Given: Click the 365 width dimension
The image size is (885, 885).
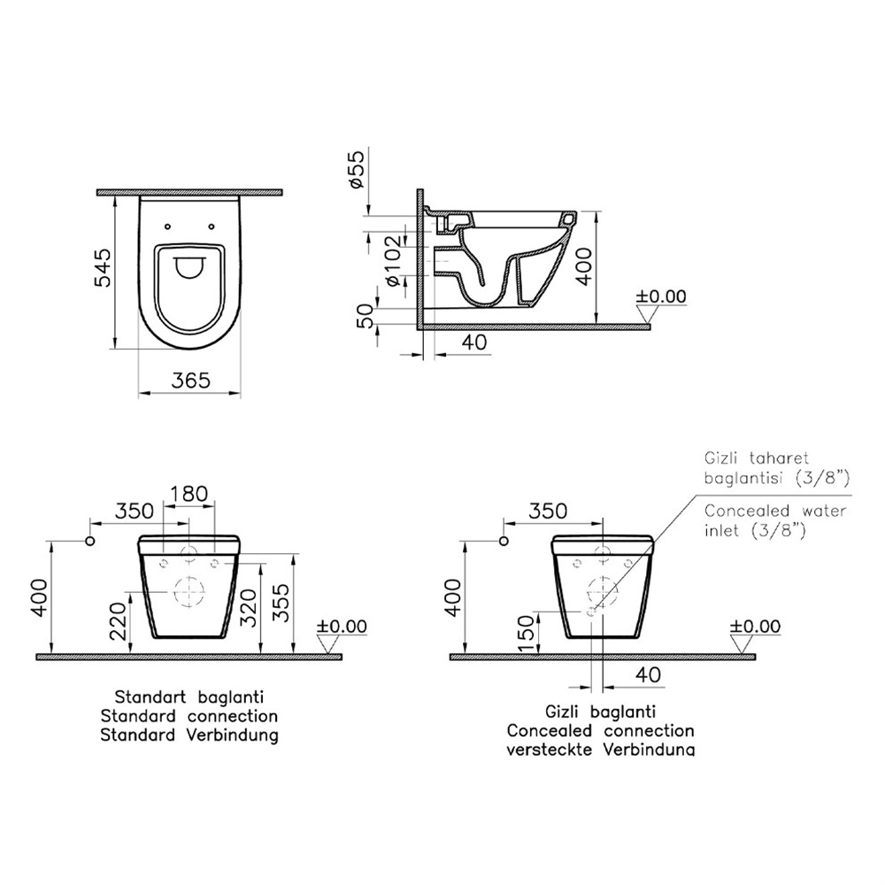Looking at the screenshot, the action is [191, 380].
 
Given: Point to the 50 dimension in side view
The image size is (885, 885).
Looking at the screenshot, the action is [366, 316].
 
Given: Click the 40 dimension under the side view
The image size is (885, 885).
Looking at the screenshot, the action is [473, 342].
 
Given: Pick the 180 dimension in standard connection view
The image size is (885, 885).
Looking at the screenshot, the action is [189, 494].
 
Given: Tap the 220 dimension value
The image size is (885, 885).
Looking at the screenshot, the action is [118, 621].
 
